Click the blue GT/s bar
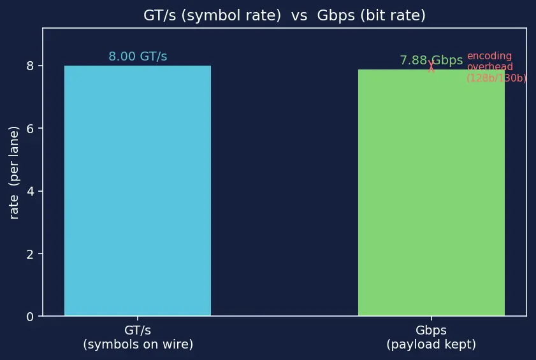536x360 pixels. (x=138, y=191)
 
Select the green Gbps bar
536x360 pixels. (x=431, y=192)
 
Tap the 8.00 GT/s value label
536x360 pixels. (x=138, y=57)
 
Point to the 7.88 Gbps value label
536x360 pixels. (x=431, y=60)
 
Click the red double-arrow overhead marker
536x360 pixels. (x=431, y=66)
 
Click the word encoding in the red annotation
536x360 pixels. (x=489, y=56)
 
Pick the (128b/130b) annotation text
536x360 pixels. (x=496, y=78)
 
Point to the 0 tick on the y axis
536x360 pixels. (x=30, y=317)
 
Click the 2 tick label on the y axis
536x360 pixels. (x=30, y=254)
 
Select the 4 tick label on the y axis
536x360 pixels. (x=30, y=191)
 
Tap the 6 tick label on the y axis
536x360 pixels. (x=30, y=129)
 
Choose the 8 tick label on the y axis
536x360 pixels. (x=30, y=66)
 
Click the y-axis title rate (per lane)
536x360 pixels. (x=13, y=173)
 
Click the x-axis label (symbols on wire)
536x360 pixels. (x=138, y=344)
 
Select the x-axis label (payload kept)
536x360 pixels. (x=431, y=344)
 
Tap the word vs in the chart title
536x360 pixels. (x=299, y=16)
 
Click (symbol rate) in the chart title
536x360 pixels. (x=231, y=16)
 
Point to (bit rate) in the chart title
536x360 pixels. (x=393, y=16)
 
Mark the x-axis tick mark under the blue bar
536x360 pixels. (x=138, y=318)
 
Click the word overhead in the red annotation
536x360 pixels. (x=490, y=67)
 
